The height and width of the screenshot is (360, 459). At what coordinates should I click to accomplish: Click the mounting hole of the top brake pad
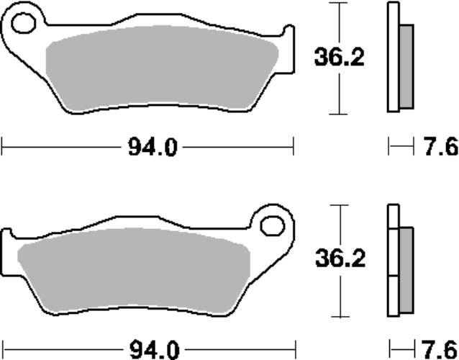point(24,23)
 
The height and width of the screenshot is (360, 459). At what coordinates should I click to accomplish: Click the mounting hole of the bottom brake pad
point(273,226)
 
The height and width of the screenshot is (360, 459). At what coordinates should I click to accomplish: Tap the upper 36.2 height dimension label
point(340,57)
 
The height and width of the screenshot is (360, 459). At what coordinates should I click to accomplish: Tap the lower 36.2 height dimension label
point(340,258)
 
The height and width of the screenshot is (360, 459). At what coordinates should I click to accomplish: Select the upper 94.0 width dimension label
point(153,148)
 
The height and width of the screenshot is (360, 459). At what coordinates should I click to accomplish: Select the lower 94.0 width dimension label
point(154,350)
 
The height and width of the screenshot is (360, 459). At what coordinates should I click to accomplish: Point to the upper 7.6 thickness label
point(441,146)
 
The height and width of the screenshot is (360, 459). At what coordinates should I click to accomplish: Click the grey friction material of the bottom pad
point(134,270)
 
